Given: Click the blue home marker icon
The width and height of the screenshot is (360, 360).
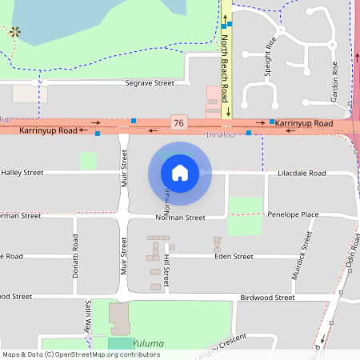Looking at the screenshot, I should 180,173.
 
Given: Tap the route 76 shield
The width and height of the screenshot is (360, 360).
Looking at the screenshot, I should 178,122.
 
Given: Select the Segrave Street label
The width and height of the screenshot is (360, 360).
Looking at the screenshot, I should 150,83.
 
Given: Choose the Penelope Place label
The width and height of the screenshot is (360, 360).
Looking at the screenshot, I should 293,214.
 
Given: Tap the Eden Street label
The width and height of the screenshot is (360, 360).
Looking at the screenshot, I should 234,256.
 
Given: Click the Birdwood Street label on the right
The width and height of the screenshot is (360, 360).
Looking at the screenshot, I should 267,297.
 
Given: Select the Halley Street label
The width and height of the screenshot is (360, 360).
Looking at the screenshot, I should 22,172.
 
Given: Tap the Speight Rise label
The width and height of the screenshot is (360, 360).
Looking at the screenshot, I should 269,56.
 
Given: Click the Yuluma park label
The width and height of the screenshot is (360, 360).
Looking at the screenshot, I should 148,344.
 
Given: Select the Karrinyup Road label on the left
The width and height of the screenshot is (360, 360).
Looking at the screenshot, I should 48,130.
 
